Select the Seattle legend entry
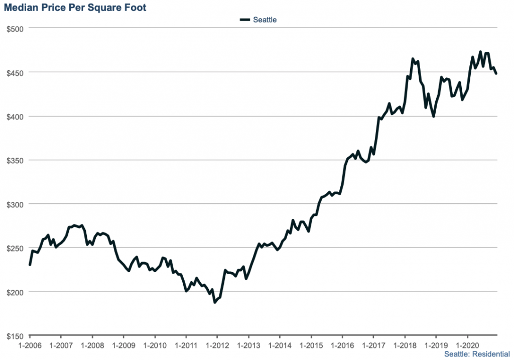(x=259, y=20)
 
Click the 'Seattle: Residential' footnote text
(x=477, y=354)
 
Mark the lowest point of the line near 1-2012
(x=215, y=302)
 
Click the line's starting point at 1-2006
(x=30, y=265)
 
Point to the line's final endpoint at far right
(x=496, y=74)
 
